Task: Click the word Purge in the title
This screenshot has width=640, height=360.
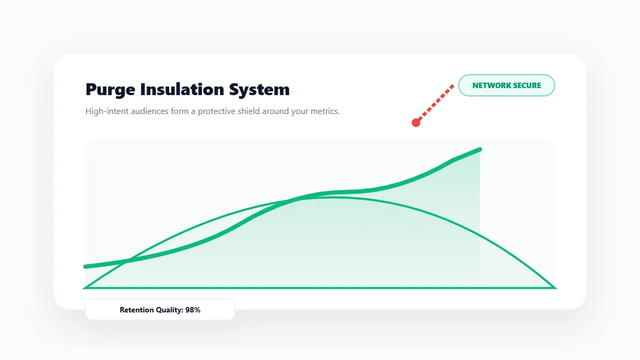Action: pos(110,90)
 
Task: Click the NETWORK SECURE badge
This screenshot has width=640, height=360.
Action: pos(506,85)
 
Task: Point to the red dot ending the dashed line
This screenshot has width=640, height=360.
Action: pos(416,123)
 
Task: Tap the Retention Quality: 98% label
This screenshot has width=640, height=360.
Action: pos(160,310)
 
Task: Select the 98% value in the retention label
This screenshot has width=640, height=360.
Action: pos(193,310)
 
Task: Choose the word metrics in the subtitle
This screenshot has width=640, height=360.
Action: pos(322,111)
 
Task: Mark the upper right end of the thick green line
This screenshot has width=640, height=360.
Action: pos(479,149)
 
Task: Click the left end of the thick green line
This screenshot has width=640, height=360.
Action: pos(86,266)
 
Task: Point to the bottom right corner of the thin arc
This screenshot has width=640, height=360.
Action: pos(554,288)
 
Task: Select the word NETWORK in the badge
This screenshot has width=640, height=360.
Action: pos(490,85)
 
